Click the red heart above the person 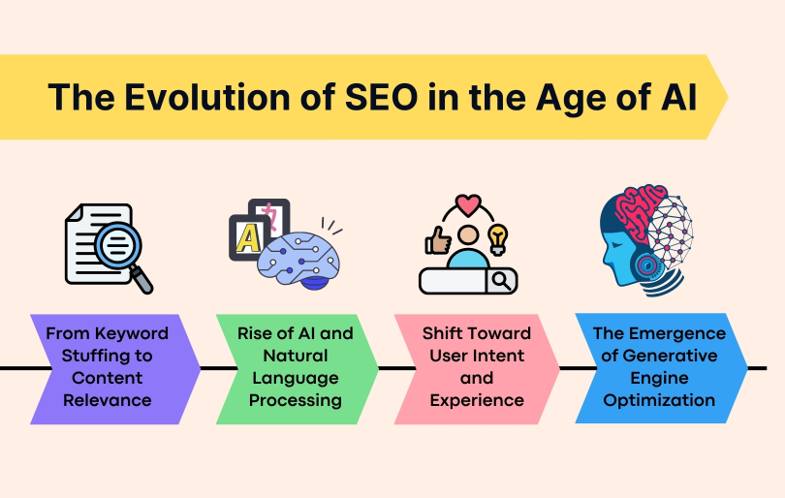468,205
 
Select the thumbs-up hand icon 435,240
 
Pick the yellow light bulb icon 498,236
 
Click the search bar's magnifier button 502,281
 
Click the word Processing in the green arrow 295,400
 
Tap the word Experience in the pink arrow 476,400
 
